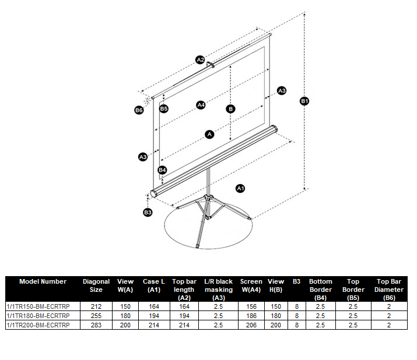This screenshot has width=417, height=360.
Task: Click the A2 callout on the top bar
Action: click(x=199, y=59)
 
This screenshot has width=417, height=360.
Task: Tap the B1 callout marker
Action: click(x=304, y=101)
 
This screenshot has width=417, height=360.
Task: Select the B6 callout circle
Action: click(x=139, y=110)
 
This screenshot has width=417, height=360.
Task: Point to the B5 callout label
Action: click(x=164, y=108)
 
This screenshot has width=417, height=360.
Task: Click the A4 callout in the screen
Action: click(x=201, y=105)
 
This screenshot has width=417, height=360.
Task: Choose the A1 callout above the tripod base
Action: click(x=240, y=188)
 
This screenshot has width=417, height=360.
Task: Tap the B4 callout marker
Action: click(x=163, y=170)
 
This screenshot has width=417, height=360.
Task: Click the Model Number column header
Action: click(x=43, y=281)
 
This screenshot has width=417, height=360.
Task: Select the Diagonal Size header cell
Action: click(x=96, y=285)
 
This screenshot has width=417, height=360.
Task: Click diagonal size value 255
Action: click(x=96, y=316)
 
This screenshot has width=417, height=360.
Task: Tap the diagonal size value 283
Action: click(x=96, y=325)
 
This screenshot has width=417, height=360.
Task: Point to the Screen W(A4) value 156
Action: click(x=251, y=306)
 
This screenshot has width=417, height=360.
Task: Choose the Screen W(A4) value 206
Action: click(x=251, y=325)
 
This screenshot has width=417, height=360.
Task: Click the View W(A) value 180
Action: click(x=125, y=316)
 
